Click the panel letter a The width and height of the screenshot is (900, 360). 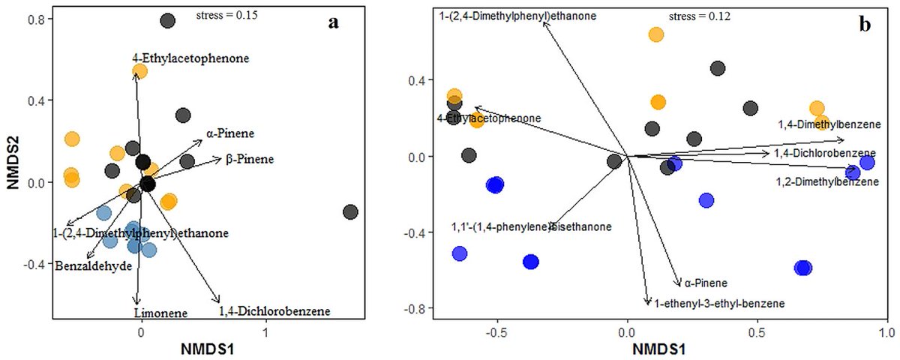pyautogui.click(x=334, y=22)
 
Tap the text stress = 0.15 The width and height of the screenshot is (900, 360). pyautogui.click(x=226, y=15)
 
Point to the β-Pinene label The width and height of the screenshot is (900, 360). pyautogui.click(x=249, y=159)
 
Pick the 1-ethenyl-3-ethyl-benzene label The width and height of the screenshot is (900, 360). pyautogui.click(x=719, y=304)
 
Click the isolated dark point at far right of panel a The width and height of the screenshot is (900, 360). pyautogui.click(x=350, y=212)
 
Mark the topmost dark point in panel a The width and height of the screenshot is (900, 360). pyautogui.click(x=168, y=22)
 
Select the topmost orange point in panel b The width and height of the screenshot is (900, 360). pyautogui.click(x=656, y=34)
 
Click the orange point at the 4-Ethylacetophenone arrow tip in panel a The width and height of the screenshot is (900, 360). pyautogui.click(x=139, y=71)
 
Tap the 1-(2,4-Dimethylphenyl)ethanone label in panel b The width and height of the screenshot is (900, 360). pyautogui.click(x=517, y=15)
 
